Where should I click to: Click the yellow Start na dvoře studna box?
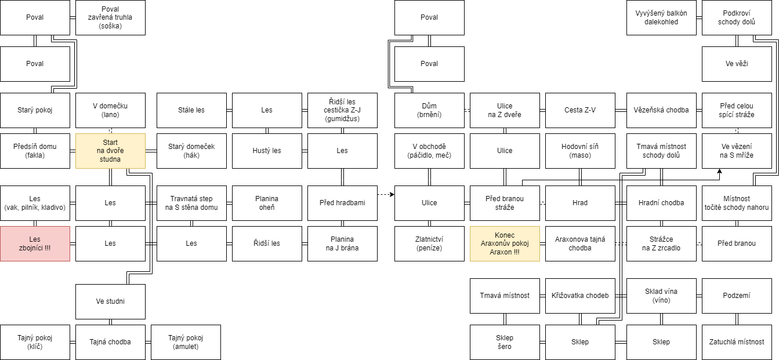tap(110, 151)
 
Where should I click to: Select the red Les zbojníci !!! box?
tap(35, 243)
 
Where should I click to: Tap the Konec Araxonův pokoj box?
tap(505, 243)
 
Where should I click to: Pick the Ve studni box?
tap(110, 301)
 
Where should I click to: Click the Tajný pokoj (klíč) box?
tap(35, 342)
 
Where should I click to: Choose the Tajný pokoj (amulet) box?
tap(186, 342)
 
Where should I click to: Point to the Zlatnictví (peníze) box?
tap(429, 243)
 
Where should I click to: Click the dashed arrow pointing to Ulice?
tap(386, 195)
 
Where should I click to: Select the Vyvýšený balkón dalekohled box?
tap(661, 18)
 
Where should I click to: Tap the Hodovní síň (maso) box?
tap(580, 151)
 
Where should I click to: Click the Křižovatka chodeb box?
tap(580, 296)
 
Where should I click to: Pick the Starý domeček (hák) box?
tap(191, 151)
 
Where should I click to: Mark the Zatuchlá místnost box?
tap(737, 342)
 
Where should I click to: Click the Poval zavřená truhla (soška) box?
tap(110, 18)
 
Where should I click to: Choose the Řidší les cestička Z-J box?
tap(342, 110)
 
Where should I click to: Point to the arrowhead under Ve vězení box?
tap(719, 171)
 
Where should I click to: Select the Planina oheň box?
tap(267, 203)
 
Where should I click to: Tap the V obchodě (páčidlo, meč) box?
tap(429, 151)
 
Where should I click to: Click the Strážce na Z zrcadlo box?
tap(661, 243)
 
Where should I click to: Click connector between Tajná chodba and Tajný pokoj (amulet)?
tap(148, 342)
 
